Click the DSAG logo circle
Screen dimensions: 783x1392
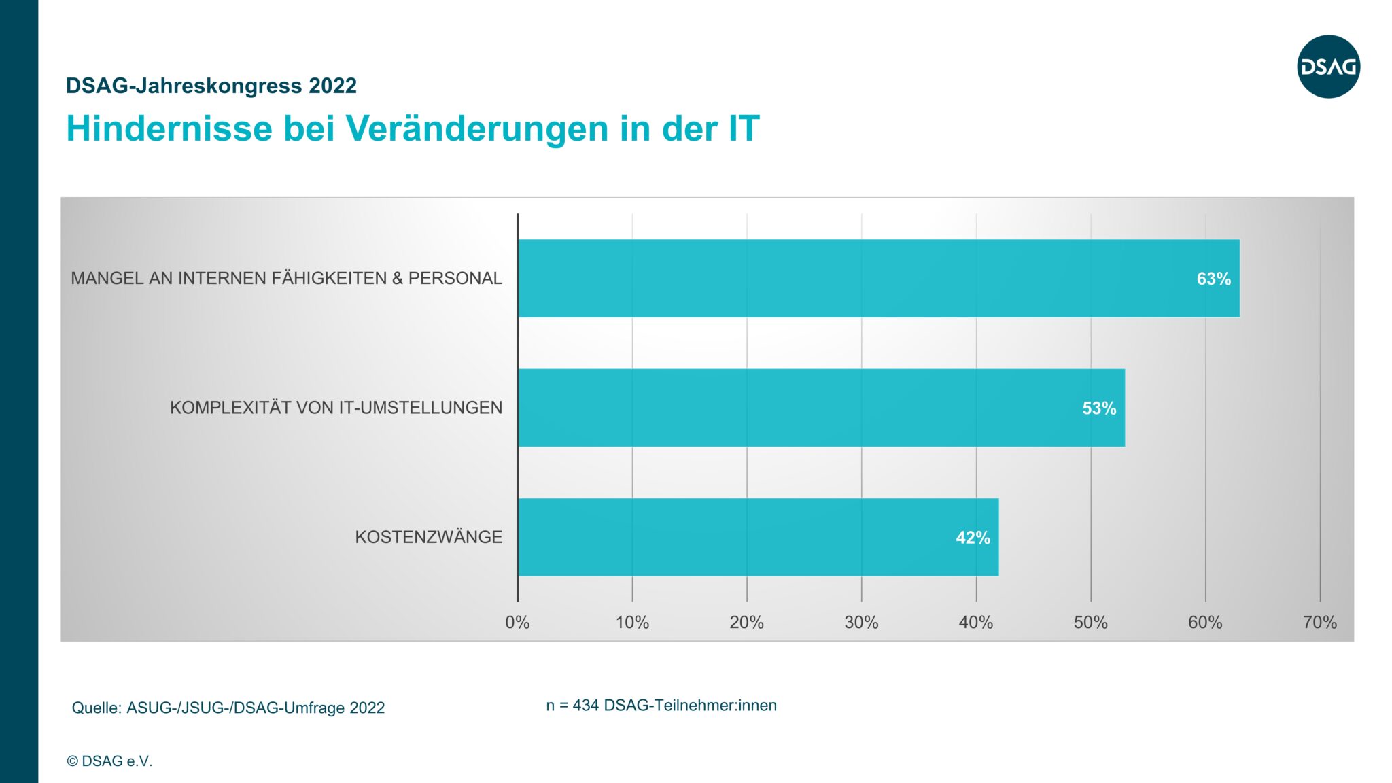pyautogui.click(x=1328, y=67)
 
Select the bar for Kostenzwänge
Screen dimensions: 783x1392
pyautogui.click(x=758, y=537)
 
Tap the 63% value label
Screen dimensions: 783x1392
pyautogui.click(x=1213, y=279)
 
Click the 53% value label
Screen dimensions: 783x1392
pyautogui.click(x=1099, y=408)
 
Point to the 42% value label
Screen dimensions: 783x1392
pyautogui.click(x=973, y=538)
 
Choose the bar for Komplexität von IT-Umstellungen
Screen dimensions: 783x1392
pyautogui.click(x=821, y=408)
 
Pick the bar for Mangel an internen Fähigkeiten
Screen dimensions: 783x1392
pyautogui.click(x=878, y=278)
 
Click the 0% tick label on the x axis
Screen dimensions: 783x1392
pyautogui.click(x=517, y=622)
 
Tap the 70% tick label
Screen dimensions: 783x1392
pyautogui.click(x=1319, y=622)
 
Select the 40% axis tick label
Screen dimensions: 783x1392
pyautogui.click(x=975, y=622)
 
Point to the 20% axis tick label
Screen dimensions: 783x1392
pyautogui.click(x=746, y=622)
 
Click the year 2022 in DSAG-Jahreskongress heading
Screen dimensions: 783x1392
pyautogui.click(x=332, y=86)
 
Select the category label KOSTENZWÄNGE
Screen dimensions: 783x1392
pyautogui.click(x=428, y=537)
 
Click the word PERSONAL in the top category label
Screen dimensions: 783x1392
pyautogui.click(x=455, y=278)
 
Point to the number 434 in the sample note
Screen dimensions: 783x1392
pyautogui.click(x=585, y=706)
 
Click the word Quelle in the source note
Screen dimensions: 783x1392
pyautogui.click(x=97, y=708)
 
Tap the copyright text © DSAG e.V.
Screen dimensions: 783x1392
pyautogui.click(x=109, y=761)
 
